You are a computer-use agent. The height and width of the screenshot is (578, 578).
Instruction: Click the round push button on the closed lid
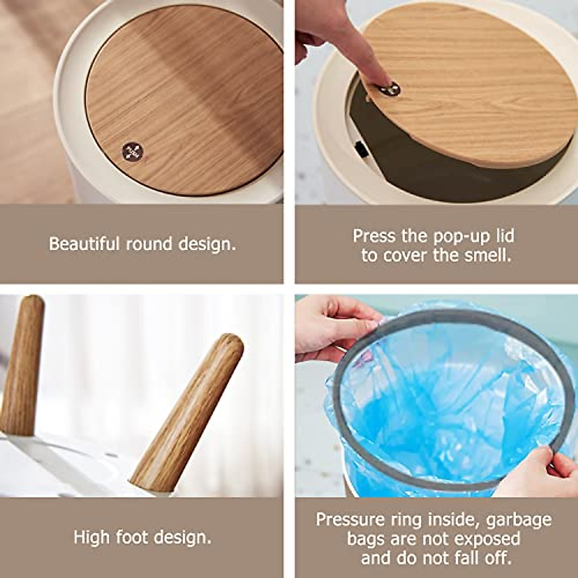pyautogui.click(x=132, y=152)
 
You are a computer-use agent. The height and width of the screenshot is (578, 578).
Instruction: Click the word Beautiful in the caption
pyautogui.click(x=84, y=244)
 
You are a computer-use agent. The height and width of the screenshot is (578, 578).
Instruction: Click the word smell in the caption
pyautogui.click(x=487, y=255)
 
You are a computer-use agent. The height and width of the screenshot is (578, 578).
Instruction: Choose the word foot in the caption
pyautogui.click(x=130, y=537)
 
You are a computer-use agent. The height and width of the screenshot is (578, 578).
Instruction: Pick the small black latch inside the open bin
pyautogui.click(x=361, y=150)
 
